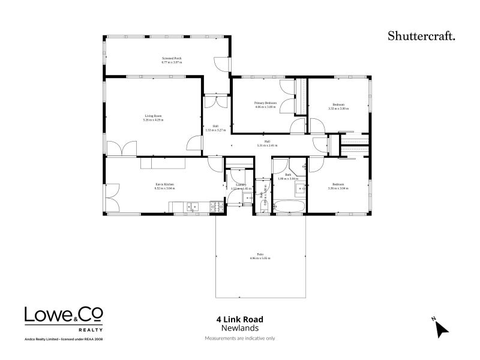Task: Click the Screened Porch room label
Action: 172,58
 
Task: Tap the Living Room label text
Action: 154,116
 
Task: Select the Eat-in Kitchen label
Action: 165,184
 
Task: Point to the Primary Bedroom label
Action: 266,103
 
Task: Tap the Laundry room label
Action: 241,185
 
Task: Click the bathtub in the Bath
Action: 289,207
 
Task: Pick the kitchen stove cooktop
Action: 217,207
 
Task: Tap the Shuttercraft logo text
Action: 421,36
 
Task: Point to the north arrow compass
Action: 441,328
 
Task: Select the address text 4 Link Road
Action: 239,320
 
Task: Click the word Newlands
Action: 239,329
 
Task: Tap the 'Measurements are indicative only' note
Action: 239,338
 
